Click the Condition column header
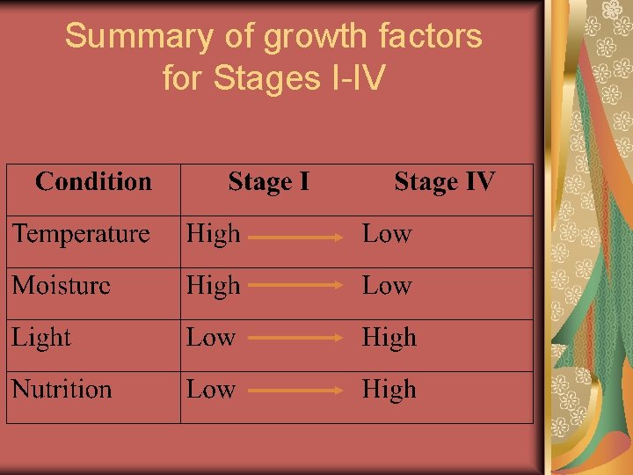tap(93, 182)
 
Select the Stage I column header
tap(268, 182)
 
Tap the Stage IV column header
tap(444, 182)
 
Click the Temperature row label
tap(81, 234)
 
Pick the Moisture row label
tap(62, 286)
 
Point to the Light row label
tap(41, 338)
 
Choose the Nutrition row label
tap(62, 390)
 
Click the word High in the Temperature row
tap(213, 234)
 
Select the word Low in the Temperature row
tap(387, 234)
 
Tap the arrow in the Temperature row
tap(294, 236)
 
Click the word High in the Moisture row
tap(213, 286)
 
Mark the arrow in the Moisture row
tap(294, 286)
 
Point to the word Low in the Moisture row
tap(387, 286)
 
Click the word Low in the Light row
tap(211, 338)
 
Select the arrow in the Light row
tap(294, 338)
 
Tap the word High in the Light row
tap(389, 338)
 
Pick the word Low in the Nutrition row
tap(211, 390)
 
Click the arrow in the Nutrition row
tap(294, 390)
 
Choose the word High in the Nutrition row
tap(389, 390)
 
